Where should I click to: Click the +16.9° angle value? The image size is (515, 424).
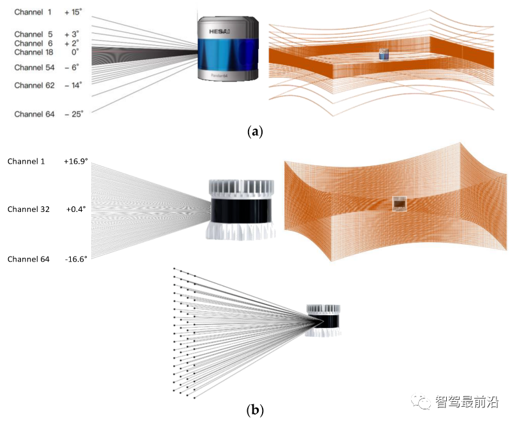tap(77, 162)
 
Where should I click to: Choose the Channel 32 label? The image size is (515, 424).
tap(28, 209)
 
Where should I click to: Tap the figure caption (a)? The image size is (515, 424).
tap(254, 132)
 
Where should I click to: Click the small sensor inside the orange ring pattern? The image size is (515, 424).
tap(384, 55)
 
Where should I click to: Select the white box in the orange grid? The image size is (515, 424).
tap(400, 204)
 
